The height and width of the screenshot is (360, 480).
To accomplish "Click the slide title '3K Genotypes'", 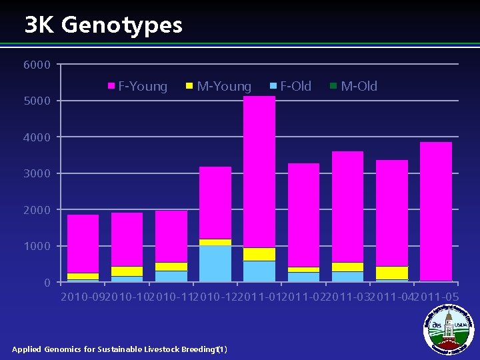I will tap(103, 25).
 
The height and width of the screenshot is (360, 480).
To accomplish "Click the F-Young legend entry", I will tap(139, 86).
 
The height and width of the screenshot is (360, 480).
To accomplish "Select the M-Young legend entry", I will tap(219, 86).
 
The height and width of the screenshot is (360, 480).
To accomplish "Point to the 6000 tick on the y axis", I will tap(37, 65).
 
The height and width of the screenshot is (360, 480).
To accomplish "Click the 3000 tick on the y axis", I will tap(37, 174).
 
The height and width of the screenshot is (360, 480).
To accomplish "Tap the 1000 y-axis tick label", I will tap(37, 247).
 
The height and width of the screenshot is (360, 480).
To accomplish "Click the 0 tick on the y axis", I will tap(46, 283).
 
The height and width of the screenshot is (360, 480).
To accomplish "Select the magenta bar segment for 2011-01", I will tap(259, 172).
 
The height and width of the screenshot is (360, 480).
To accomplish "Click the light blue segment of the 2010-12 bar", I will tap(215, 263).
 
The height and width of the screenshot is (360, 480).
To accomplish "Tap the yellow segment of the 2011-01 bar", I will tap(259, 254).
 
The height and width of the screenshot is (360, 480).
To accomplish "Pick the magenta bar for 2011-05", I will tap(436, 211).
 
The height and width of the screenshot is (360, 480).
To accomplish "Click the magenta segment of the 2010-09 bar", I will tap(83, 243).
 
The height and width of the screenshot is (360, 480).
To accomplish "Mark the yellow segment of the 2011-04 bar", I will tap(392, 273).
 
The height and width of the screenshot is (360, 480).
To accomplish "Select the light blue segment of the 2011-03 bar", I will tap(348, 276).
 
